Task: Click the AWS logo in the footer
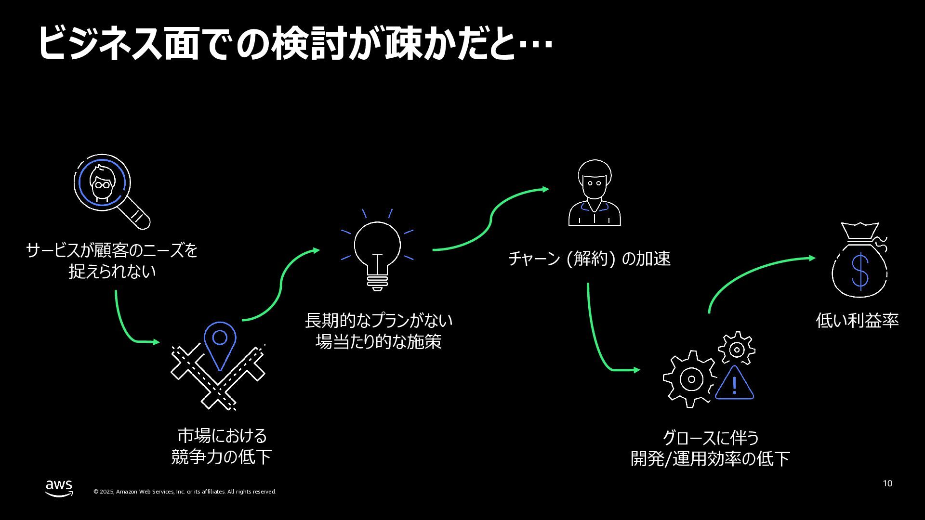(x=59, y=487)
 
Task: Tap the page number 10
(x=887, y=483)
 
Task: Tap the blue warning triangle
(x=734, y=384)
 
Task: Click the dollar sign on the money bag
(x=860, y=271)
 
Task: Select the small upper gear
(x=736, y=349)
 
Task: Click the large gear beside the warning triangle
(x=690, y=379)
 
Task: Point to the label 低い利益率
(x=857, y=321)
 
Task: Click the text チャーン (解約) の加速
(x=589, y=259)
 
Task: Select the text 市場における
(x=222, y=436)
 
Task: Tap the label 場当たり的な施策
(x=378, y=342)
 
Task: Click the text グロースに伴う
(x=711, y=438)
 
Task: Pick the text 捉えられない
(x=112, y=272)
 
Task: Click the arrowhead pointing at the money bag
(x=812, y=258)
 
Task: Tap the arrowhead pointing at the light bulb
(x=316, y=250)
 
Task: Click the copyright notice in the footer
(x=185, y=492)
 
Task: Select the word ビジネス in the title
(x=99, y=44)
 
